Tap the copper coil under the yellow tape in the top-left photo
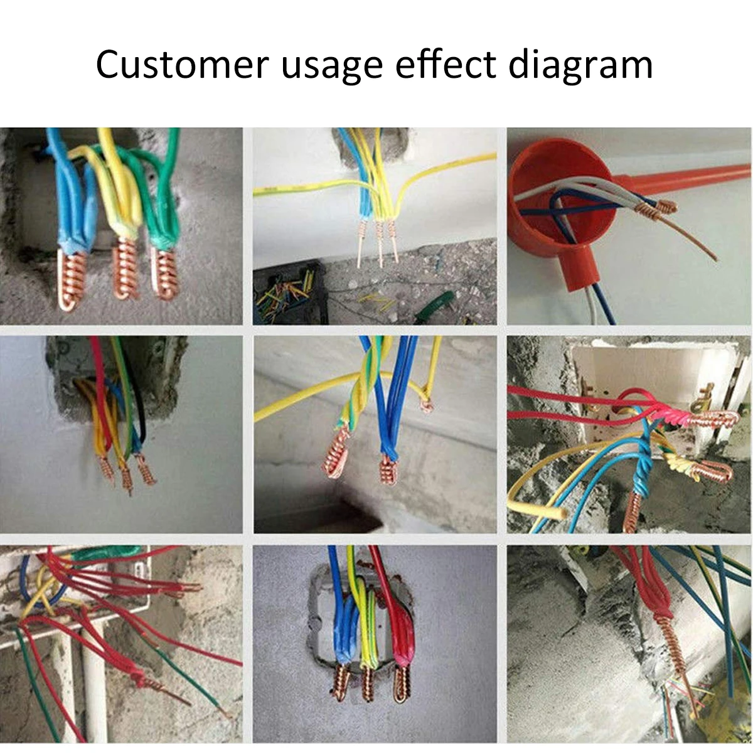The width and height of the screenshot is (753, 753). (x=125, y=270)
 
